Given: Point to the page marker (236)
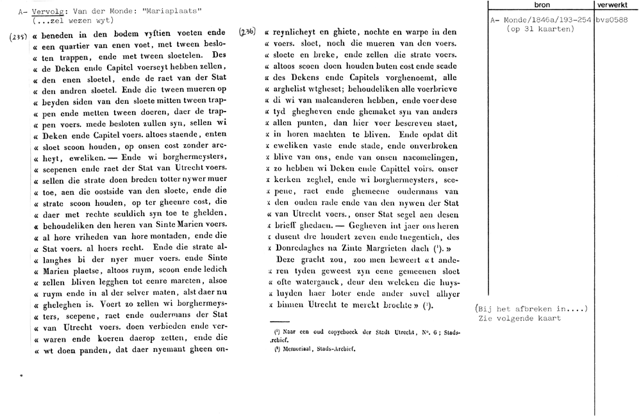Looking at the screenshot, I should click(x=247, y=31).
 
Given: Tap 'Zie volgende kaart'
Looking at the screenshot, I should click(x=519, y=318).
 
